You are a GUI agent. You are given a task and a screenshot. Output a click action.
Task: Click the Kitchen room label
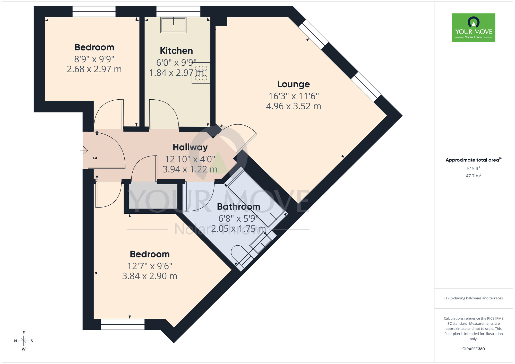[176, 51]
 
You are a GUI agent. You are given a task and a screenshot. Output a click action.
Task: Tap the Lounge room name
[293, 84]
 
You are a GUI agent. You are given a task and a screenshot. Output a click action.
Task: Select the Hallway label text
[190, 147]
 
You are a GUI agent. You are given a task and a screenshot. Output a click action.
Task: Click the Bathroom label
[238, 207]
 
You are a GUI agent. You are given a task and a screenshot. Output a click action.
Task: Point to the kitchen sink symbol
[173, 25]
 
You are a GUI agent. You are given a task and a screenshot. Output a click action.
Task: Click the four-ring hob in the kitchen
[201, 73]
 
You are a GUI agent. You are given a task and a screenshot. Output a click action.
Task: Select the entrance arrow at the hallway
[84, 150]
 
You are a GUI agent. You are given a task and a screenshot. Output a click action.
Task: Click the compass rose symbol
[23, 341]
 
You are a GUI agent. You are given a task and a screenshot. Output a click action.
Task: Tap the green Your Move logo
[473, 28]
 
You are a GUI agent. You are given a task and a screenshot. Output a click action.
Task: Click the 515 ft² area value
[473, 169]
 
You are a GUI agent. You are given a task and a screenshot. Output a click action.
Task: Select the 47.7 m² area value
[473, 176]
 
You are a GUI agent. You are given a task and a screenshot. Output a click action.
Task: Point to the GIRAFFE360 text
[473, 349]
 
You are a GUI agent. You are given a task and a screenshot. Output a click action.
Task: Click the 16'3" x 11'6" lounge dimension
[294, 96]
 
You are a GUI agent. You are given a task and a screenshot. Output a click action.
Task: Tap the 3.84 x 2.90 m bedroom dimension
[150, 276]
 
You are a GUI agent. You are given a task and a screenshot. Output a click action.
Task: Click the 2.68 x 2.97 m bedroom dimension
[94, 69]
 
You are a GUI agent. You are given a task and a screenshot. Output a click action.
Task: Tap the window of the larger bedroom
[123, 324]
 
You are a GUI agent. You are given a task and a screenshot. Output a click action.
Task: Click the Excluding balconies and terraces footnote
[473, 298]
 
